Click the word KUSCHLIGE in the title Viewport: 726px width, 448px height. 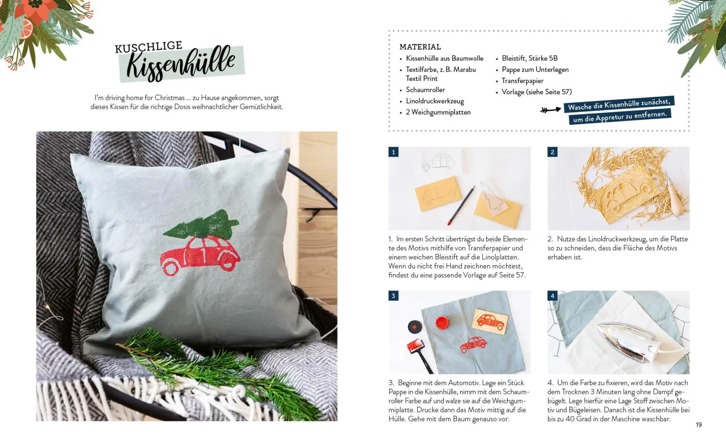(x=149, y=47)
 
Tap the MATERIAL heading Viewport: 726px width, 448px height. (x=420, y=47)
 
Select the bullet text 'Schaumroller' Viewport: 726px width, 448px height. (x=425, y=90)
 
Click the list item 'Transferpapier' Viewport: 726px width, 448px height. (x=522, y=81)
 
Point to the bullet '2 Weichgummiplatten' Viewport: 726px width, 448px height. (x=438, y=112)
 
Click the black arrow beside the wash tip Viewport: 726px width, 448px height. (x=550, y=110)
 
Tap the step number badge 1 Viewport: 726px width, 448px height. (x=393, y=152)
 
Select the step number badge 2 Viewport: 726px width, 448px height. (x=552, y=152)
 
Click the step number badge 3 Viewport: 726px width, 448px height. (x=393, y=296)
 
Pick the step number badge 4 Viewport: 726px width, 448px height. (x=552, y=296)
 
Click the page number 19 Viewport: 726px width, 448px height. (x=699, y=425)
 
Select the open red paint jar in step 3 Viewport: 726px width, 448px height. (x=442, y=322)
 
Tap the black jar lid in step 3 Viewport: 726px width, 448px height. (x=415, y=326)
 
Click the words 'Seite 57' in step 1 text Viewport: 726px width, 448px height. (x=512, y=275)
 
